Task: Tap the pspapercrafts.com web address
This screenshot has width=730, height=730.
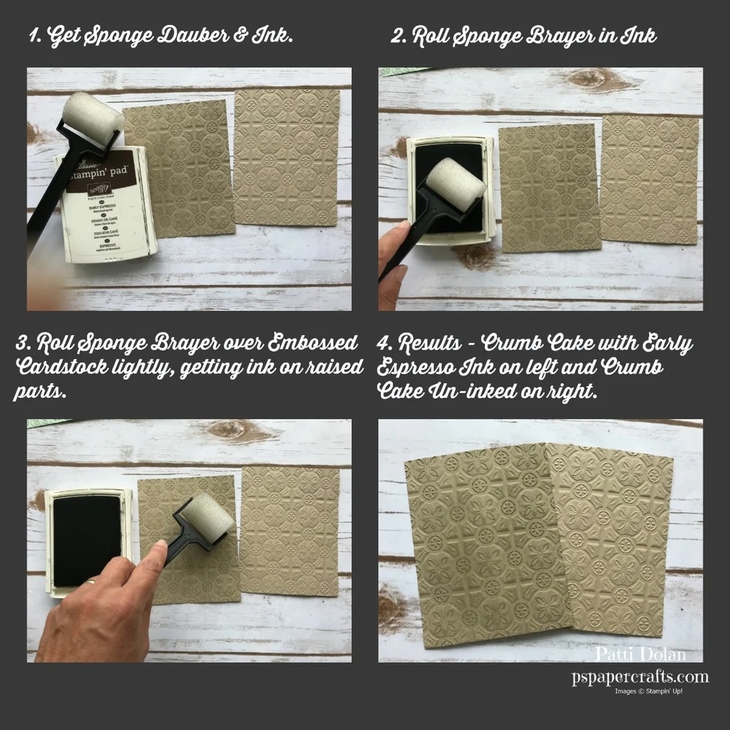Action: click(x=639, y=677)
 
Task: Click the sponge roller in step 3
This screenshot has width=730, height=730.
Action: click(x=207, y=516)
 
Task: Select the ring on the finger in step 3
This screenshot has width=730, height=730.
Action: click(x=90, y=582)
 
